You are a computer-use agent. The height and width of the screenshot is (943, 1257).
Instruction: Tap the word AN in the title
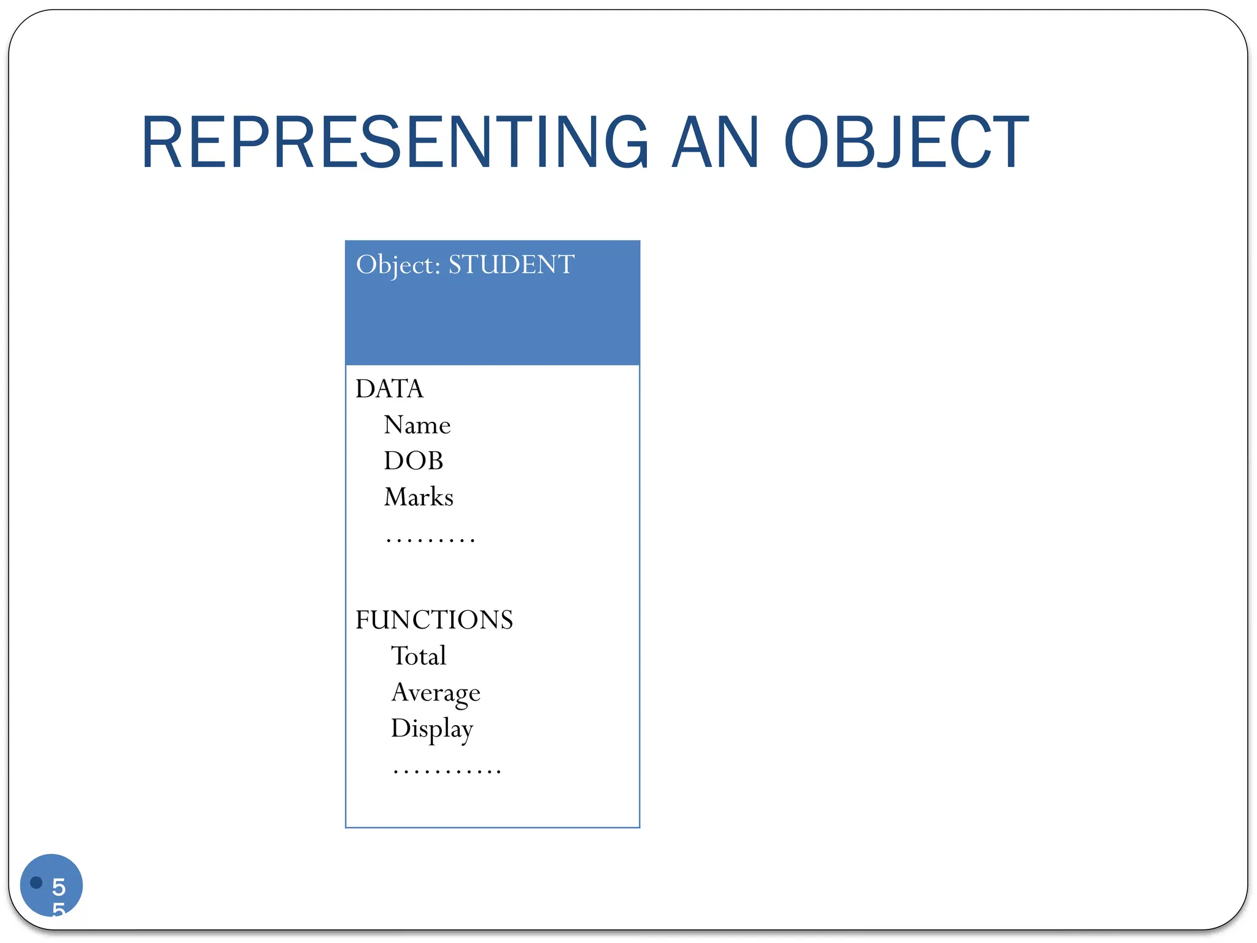point(716,142)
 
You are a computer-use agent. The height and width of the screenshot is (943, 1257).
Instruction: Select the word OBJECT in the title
point(906,142)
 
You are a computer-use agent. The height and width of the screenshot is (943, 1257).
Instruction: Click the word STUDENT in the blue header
point(511,265)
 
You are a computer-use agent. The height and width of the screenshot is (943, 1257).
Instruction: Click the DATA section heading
point(389,389)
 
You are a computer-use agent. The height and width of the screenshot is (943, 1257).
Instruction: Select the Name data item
point(417,425)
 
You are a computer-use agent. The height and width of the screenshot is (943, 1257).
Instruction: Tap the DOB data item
point(413,460)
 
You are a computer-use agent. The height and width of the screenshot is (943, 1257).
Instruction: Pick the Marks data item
point(419,497)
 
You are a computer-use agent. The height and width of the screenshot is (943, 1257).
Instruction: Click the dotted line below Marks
point(430,540)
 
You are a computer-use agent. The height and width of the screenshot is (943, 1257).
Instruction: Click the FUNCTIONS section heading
point(434,619)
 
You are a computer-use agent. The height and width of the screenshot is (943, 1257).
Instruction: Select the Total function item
point(419,656)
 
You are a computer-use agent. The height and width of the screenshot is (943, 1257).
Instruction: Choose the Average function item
point(436,693)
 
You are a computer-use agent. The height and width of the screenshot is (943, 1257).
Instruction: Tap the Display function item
point(432,729)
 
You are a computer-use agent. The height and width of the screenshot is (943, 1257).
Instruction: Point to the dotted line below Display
point(447,771)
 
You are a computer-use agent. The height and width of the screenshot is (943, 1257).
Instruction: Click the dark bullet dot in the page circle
point(36,882)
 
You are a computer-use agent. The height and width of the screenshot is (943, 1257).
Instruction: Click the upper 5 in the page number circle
point(59,887)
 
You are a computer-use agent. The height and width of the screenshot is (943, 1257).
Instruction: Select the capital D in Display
point(401,728)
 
